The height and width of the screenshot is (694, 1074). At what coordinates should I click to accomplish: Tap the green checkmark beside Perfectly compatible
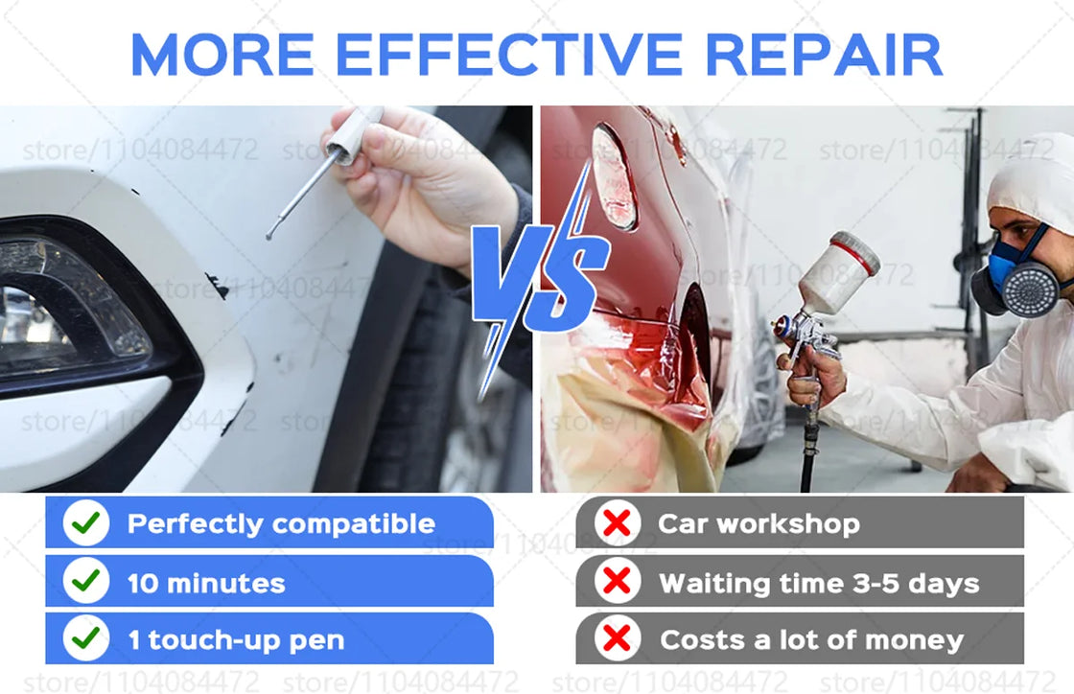coord(86,523)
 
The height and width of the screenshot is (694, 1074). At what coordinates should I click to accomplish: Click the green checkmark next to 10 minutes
coord(86,581)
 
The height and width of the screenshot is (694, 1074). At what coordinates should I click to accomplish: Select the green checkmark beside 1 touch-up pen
coord(86,638)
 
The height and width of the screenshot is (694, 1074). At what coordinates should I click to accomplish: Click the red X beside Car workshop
coord(618,523)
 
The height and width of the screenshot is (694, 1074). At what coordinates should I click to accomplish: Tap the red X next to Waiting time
coord(618,581)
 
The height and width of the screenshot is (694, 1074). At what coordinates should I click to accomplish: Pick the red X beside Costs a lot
coord(618,638)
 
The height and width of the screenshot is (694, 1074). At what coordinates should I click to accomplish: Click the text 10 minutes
coord(206,583)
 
